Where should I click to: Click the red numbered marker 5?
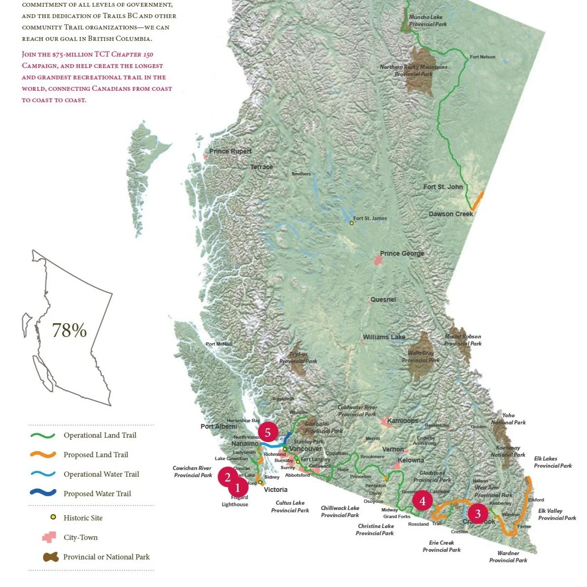click(x=268, y=432)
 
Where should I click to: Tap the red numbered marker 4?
click(x=422, y=500)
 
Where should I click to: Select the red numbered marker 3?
click(x=478, y=513)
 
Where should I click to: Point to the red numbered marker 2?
click(x=228, y=477)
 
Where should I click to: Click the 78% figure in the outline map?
click(x=69, y=330)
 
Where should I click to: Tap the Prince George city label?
click(x=402, y=253)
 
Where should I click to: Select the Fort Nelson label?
click(x=482, y=57)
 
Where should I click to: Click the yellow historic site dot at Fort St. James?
click(x=352, y=223)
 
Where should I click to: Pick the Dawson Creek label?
click(x=451, y=214)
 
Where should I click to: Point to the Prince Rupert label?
click(x=231, y=151)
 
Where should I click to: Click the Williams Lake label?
click(x=384, y=337)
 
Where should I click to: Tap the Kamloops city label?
click(x=403, y=421)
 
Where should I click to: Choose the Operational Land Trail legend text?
click(x=100, y=435)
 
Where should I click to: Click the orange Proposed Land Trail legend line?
click(x=43, y=455)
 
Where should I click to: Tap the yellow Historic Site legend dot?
click(x=53, y=517)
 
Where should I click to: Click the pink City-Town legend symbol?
click(x=49, y=538)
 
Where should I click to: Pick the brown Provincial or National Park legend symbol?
click(x=50, y=557)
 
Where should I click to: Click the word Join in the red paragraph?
click(x=29, y=55)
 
